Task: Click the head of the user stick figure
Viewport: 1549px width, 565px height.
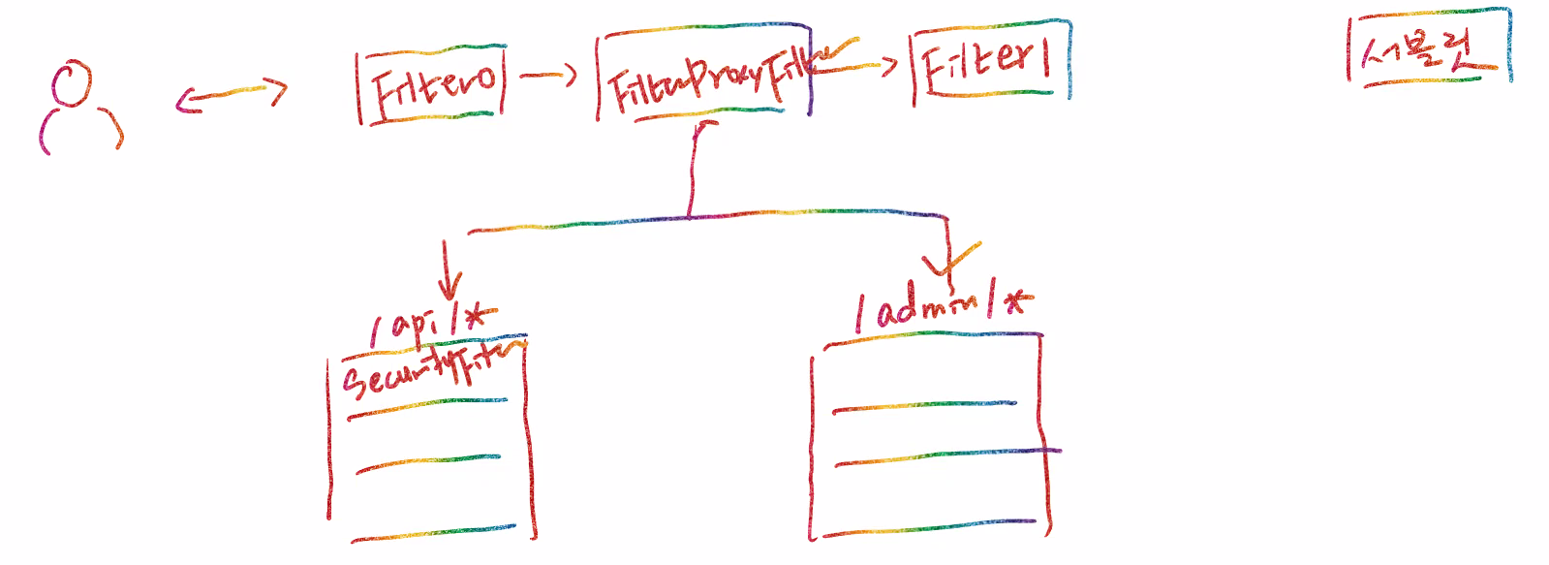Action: [x=72, y=83]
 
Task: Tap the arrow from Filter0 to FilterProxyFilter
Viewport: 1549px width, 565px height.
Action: [x=549, y=75]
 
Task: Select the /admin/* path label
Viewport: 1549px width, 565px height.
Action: [x=940, y=306]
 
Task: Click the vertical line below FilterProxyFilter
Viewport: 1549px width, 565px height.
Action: [x=692, y=170]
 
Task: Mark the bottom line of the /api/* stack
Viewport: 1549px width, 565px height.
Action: [x=433, y=533]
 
